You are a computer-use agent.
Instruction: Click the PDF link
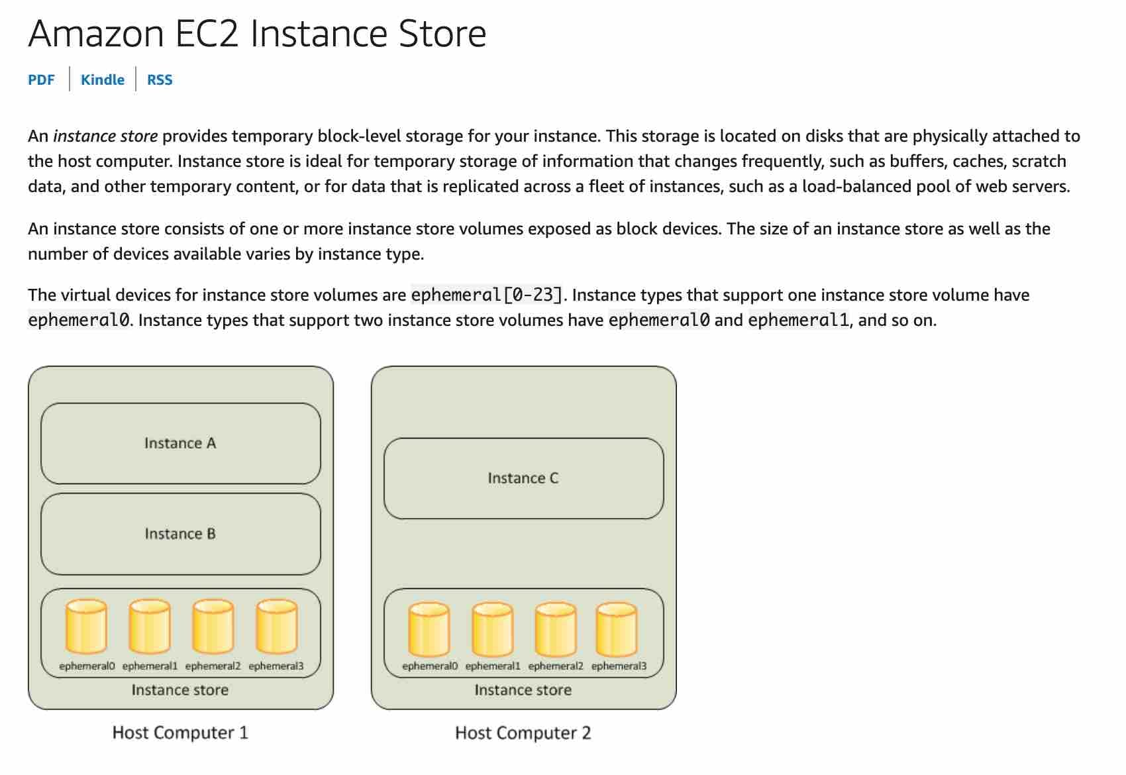[x=41, y=79]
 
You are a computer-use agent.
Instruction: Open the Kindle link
[x=102, y=79]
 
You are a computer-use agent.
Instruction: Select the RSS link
[x=160, y=79]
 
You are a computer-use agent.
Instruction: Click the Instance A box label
[x=180, y=443]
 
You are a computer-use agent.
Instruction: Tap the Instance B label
[x=180, y=534]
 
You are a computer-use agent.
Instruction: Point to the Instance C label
[x=523, y=478]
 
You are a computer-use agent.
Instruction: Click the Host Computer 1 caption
[x=180, y=733]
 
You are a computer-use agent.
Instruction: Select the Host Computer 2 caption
[x=523, y=733]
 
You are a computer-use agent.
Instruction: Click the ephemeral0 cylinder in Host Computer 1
[x=86, y=627]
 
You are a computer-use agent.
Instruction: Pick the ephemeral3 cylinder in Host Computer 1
[x=277, y=627]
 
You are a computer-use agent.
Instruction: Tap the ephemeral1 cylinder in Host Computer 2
[x=493, y=629]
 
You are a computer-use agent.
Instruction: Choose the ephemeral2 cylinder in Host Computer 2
[x=556, y=629]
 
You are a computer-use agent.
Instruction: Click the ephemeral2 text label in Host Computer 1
[x=213, y=666]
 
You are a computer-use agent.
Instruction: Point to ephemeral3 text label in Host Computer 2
[x=619, y=666]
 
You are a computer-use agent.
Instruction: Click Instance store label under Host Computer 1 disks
[x=180, y=690]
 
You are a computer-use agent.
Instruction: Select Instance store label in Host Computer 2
[x=523, y=690]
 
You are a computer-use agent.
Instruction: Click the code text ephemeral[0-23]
[x=488, y=295]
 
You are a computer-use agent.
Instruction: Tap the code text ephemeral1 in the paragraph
[x=798, y=321]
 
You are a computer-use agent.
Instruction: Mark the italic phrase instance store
[x=105, y=136]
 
